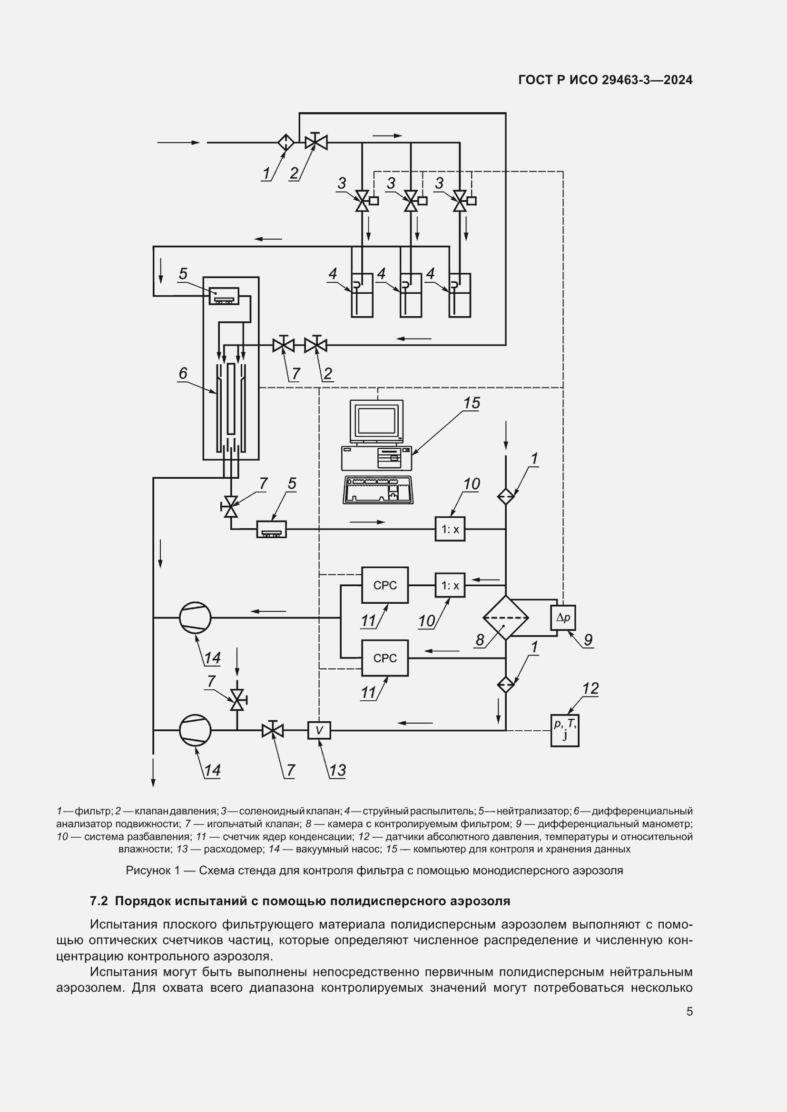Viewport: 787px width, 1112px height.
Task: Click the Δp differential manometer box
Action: (x=563, y=618)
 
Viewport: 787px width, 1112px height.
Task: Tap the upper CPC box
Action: (x=385, y=585)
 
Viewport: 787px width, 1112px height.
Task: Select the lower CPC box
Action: (x=385, y=658)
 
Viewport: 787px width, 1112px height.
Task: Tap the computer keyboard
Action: (x=378, y=491)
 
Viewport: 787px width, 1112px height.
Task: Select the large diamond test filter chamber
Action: (x=505, y=618)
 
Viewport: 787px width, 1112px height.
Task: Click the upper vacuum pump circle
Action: (x=195, y=618)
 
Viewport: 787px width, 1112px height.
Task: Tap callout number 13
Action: (x=337, y=770)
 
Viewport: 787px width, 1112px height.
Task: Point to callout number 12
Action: (x=590, y=688)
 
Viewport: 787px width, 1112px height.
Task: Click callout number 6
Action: (x=183, y=373)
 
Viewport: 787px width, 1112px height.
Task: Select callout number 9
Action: (x=588, y=640)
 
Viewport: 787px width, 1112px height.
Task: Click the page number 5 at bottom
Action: (x=689, y=1011)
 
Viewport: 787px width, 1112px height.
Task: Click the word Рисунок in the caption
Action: (x=149, y=870)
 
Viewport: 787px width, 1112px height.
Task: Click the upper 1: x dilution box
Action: (x=450, y=529)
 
